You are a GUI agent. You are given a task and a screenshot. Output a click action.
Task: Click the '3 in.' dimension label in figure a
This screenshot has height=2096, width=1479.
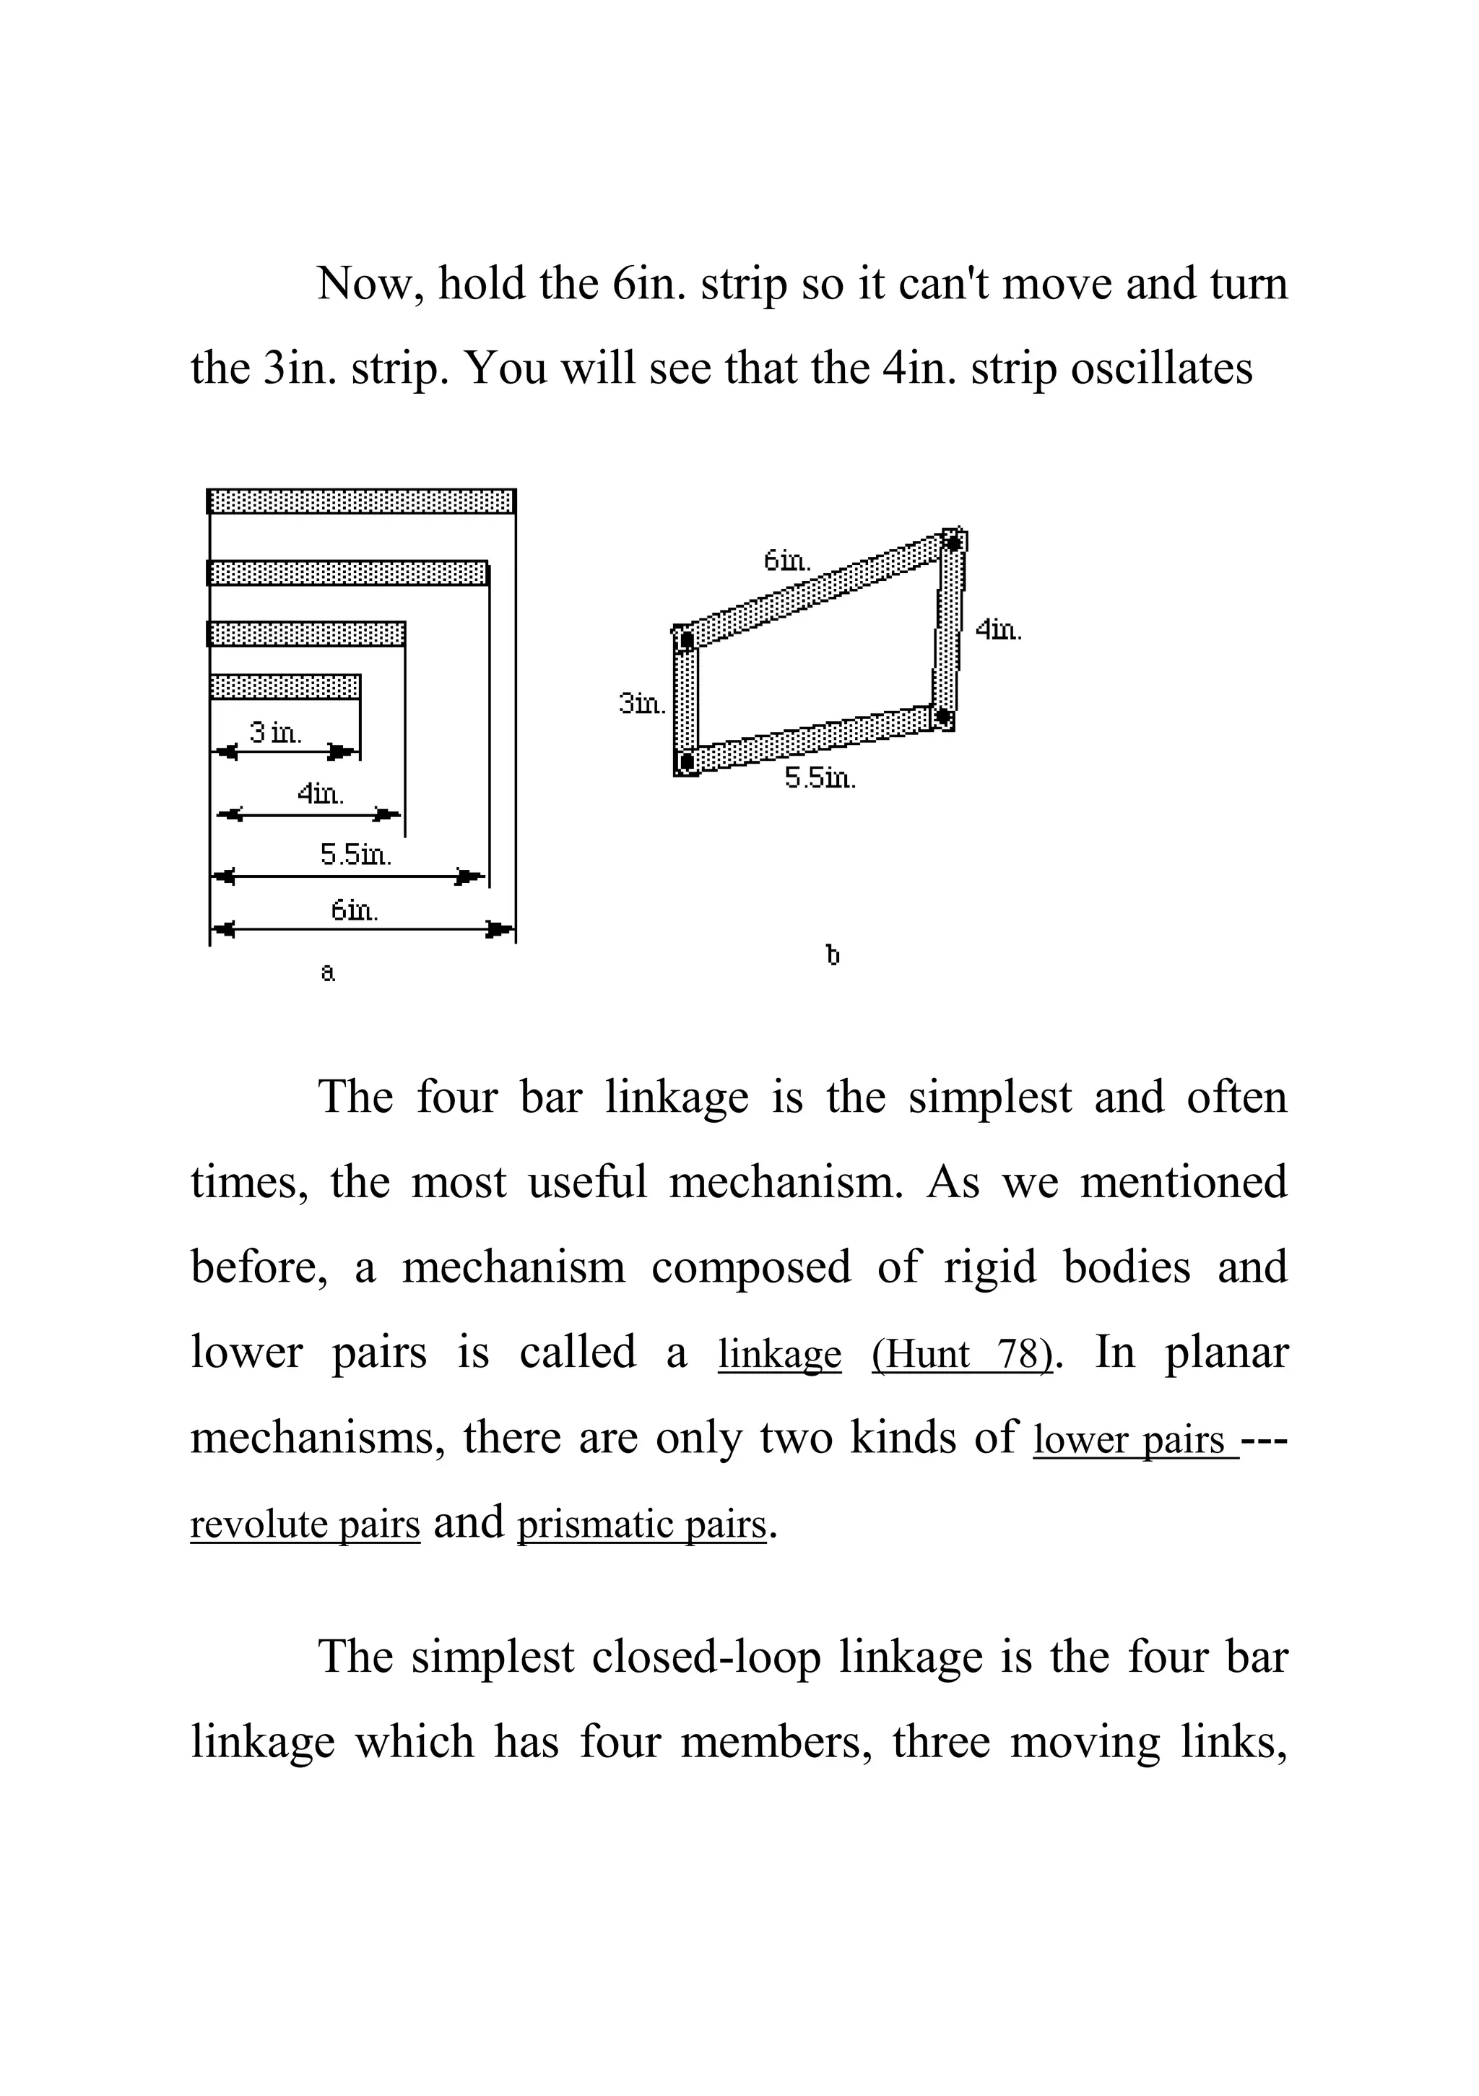pyautogui.click(x=276, y=732)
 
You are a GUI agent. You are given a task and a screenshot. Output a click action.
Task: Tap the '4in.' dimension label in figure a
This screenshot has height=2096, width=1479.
pyautogui.click(x=320, y=793)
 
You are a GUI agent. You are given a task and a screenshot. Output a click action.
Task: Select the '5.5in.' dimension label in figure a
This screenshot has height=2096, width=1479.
pyautogui.click(x=355, y=855)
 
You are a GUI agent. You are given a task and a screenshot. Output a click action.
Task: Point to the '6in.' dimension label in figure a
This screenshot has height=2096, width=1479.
pyautogui.click(x=354, y=910)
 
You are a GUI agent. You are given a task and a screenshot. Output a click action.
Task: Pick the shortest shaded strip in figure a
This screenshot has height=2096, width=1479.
pyautogui.click(x=285, y=686)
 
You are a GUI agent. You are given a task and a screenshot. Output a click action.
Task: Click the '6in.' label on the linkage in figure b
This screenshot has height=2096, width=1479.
pyautogui.click(x=786, y=561)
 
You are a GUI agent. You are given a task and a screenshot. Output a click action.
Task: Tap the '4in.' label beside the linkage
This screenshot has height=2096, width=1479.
pyautogui.click(x=999, y=630)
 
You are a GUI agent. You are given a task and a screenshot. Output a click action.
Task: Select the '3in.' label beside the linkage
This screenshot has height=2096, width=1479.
pyautogui.click(x=641, y=704)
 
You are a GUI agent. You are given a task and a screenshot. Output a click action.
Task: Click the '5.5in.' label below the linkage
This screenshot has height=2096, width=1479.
pyautogui.click(x=820, y=779)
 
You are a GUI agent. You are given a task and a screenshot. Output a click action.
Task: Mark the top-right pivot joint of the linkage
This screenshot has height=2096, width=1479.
pyautogui.click(x=953, y=543)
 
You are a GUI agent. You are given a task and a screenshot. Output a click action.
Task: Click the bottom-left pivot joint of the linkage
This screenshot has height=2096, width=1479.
pyautogui.click(x=687, y=760)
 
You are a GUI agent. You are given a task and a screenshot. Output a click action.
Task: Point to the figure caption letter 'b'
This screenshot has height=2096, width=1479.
pyautogui.click(x=832, y=956)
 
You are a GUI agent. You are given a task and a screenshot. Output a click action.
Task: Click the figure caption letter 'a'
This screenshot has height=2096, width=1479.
pyautogui.click(x=329, y=973)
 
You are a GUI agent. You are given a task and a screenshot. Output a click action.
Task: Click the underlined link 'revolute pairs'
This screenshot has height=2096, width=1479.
pyautogui.click(x=305, y=1524)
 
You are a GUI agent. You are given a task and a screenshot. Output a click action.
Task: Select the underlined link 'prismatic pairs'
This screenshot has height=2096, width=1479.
pyautogui.click(x=641, y=1524)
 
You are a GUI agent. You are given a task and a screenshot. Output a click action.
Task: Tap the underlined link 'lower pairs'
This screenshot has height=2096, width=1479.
pyautogui.click(x=1134, y=1440)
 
